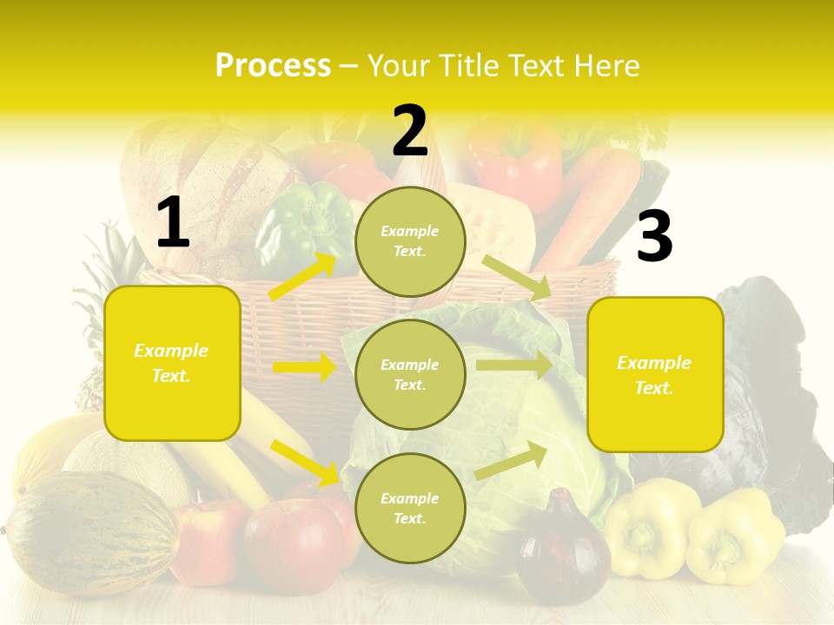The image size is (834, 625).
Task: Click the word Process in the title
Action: pyautogui.click(x=273, y=66)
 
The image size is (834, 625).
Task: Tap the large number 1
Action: pyautogui.click(x=172, y=223)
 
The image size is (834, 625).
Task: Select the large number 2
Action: pyautogui.click(x=410, y=132)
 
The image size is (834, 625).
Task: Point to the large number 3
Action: pyautogui.click(x=654, y=237)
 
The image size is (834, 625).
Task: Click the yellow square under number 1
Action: pyautogui.click(x=172, y=363)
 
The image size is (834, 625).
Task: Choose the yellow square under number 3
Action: pyautogui.click(x=655, y=374)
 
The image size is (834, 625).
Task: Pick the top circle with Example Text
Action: pyautogui.click(x=410, y=241)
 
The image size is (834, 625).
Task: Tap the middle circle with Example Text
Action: pyautogui.click(x=410, y=374)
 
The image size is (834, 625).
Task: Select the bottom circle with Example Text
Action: pyautogui.click(x=410, y=508)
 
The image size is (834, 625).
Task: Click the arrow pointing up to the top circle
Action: pyautogui.click(x=302, y=277)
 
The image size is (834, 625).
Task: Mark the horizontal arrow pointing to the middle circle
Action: pyautogui.click(x=304, y=368)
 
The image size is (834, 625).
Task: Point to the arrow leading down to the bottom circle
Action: pyautogui.click(x=304, y=462)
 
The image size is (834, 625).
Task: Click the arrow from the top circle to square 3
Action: pyautogui.click(x=518, y=277)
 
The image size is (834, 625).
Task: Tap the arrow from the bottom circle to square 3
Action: pyautogui.click(x=512, y=460)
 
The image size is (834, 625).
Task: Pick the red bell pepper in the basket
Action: pyautogui.click(x=516, y=161)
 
